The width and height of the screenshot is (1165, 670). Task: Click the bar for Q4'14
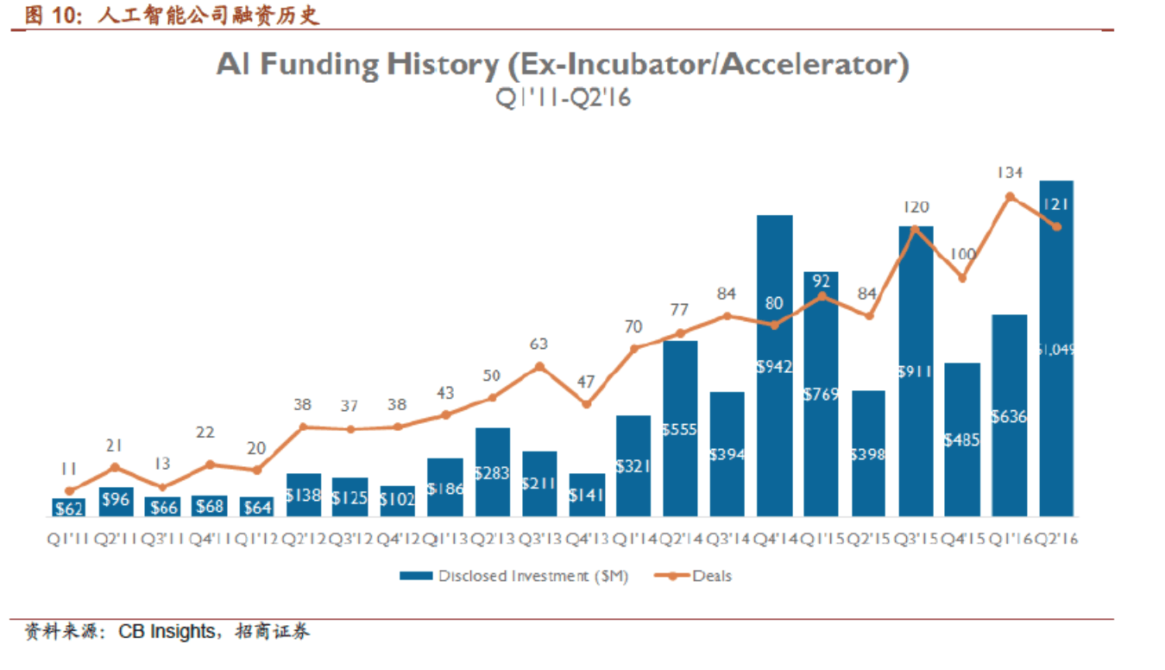pyautogui.click(x=774, y=365)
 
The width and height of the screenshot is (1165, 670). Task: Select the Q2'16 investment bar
pyautogui.click(x=1056, y=348)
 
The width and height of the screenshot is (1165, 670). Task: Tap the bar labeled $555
pyautogui.click(x=680, y=428)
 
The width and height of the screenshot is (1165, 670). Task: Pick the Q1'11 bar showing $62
pyautogui.click(x=69, y=507)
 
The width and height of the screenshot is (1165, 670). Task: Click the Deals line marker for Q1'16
pyautogui.click(x=1010, y=197)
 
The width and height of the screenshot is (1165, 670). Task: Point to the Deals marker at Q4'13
pyautogui.click(x=586, y=404)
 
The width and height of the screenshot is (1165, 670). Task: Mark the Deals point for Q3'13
pyautogui.click(x=539, y=367)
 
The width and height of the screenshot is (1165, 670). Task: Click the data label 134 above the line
pyautogui.click(x=1010, y=173)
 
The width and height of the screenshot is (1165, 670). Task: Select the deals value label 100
pyautogui.click(x=963, y=255)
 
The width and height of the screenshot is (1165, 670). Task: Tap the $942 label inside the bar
pyautogui.click(x=774, y=367)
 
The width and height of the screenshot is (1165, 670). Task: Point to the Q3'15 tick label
pyautogui.click(x=916, y=539)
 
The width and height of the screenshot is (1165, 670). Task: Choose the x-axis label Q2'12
pyautogui.click(x=304, y=539)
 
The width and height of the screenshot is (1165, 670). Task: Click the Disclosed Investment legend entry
pyautogui.click(x=513, y=576)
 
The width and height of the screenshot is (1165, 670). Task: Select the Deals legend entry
pyautogui.click(x=693, y=576)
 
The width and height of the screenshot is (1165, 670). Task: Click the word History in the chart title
pyautogui.click(x=443, y=65)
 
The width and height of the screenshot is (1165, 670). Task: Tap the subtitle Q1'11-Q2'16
pyautogui.click(x=564, y=98)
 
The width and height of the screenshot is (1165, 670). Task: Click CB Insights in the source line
pyautogui.click(x=167, y=631)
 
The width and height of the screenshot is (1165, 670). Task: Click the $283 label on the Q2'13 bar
pyautogui.click(x=493, y=473)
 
